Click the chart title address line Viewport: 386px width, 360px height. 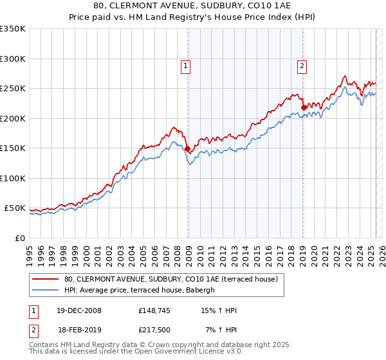point(193,7)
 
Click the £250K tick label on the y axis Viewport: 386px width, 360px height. point(13,89)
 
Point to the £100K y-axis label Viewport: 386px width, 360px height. point(13,178)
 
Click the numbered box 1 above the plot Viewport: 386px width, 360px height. point(185,65)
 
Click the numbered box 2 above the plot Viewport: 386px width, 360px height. point(302,65)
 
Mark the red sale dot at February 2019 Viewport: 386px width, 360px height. point(304,108)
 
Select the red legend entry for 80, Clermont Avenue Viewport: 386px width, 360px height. point(170,279)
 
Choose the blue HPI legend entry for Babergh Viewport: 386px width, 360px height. point(143,290)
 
